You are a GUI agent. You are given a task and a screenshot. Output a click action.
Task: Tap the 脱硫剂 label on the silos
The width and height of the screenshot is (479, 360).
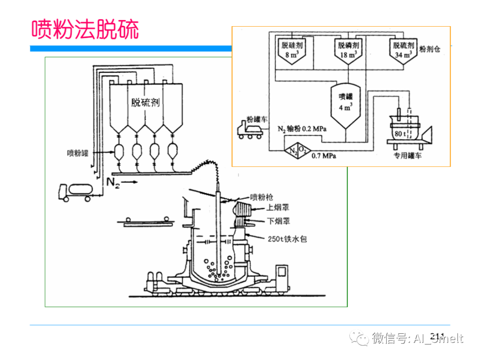coord(145,103)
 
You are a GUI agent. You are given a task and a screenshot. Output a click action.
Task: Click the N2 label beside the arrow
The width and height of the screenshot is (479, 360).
coord(113,182)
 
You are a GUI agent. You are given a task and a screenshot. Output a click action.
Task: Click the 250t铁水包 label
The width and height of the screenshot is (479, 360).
coord(287,239)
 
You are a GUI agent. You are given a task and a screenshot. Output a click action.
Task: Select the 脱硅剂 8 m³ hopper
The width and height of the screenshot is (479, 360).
coord(291,50)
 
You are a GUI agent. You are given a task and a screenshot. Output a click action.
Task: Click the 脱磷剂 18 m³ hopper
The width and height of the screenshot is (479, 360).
coord(348,50)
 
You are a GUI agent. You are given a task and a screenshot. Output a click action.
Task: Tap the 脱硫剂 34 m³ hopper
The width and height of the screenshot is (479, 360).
coord(404,50)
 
